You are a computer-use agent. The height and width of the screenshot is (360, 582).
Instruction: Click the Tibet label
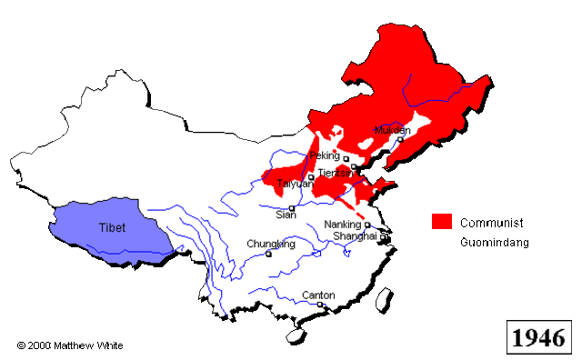point(113,227)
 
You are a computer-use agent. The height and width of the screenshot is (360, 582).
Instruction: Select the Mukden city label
point(393,130)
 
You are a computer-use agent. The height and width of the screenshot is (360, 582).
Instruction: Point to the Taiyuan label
point(296,184)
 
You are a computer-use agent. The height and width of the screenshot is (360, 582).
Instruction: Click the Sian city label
point(286,215)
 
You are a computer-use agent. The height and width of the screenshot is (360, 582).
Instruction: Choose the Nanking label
point(342,225)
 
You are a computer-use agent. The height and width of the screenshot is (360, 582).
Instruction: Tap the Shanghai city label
point(355,235)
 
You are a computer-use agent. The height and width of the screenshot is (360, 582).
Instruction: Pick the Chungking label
point(271,244)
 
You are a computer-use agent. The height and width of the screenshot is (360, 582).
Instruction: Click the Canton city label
point(318,295)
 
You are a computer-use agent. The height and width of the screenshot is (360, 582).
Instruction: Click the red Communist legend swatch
point(442,223)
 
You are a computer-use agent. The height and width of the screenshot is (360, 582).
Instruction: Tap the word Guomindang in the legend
point(495,243)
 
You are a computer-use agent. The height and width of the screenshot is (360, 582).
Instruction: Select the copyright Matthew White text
point(69,345)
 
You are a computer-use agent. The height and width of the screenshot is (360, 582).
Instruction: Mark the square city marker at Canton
point(320,305)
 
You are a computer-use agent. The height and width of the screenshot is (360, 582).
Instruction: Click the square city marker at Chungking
point(268,254)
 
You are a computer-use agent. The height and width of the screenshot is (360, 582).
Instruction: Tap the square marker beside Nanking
point(366,225)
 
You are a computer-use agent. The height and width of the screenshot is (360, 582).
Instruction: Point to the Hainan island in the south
point(297,335)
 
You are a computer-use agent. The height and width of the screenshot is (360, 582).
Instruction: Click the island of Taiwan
point(385,300)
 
